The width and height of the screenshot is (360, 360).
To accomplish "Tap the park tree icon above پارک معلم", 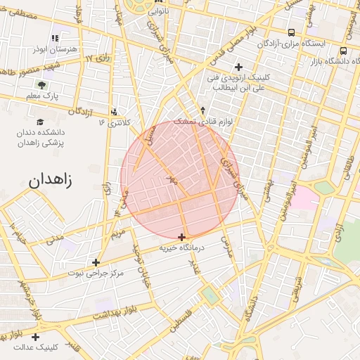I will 42,84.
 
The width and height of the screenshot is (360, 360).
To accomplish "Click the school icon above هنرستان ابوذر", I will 55,38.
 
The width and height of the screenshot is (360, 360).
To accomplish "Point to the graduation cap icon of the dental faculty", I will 40,121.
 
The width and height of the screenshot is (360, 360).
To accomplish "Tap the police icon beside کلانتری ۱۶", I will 115,111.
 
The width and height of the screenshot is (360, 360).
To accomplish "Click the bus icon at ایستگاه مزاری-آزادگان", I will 291,32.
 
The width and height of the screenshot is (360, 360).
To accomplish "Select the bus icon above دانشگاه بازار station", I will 343,51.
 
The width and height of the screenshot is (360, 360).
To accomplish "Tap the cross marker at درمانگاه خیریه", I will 182,237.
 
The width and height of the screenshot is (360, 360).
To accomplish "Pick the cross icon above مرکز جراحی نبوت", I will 96,262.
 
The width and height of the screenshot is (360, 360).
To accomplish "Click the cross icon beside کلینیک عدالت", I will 35,337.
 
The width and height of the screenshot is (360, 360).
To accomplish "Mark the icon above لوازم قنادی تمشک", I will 202,110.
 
